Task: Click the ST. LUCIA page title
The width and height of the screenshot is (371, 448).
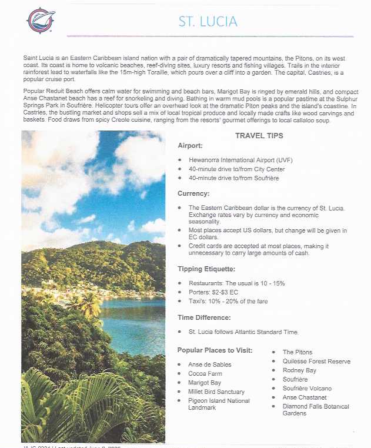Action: (x=208, y=22)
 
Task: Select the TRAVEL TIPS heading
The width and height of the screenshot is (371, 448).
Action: (x=259, y=136)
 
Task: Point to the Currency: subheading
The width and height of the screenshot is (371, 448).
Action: (x=193, y=193)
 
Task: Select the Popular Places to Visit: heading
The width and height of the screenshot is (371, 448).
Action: (x=215, y=350)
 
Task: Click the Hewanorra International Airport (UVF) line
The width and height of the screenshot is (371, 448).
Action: (x=240, y=160)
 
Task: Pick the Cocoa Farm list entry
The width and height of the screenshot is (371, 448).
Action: (x=205, y=373)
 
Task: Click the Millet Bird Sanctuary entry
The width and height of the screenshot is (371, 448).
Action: (x=216, y=392)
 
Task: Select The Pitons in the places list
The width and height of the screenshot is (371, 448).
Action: (x=298, y=352)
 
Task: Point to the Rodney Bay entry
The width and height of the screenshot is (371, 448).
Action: (x=299, y=370)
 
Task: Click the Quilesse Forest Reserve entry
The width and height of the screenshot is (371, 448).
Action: (x=316, y=361)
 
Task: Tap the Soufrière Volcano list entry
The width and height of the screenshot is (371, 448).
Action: (x=307, y=389)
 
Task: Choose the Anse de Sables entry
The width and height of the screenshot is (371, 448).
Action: (x=210, y=365)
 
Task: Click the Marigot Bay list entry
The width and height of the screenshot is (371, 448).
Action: (x=205, y=383)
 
